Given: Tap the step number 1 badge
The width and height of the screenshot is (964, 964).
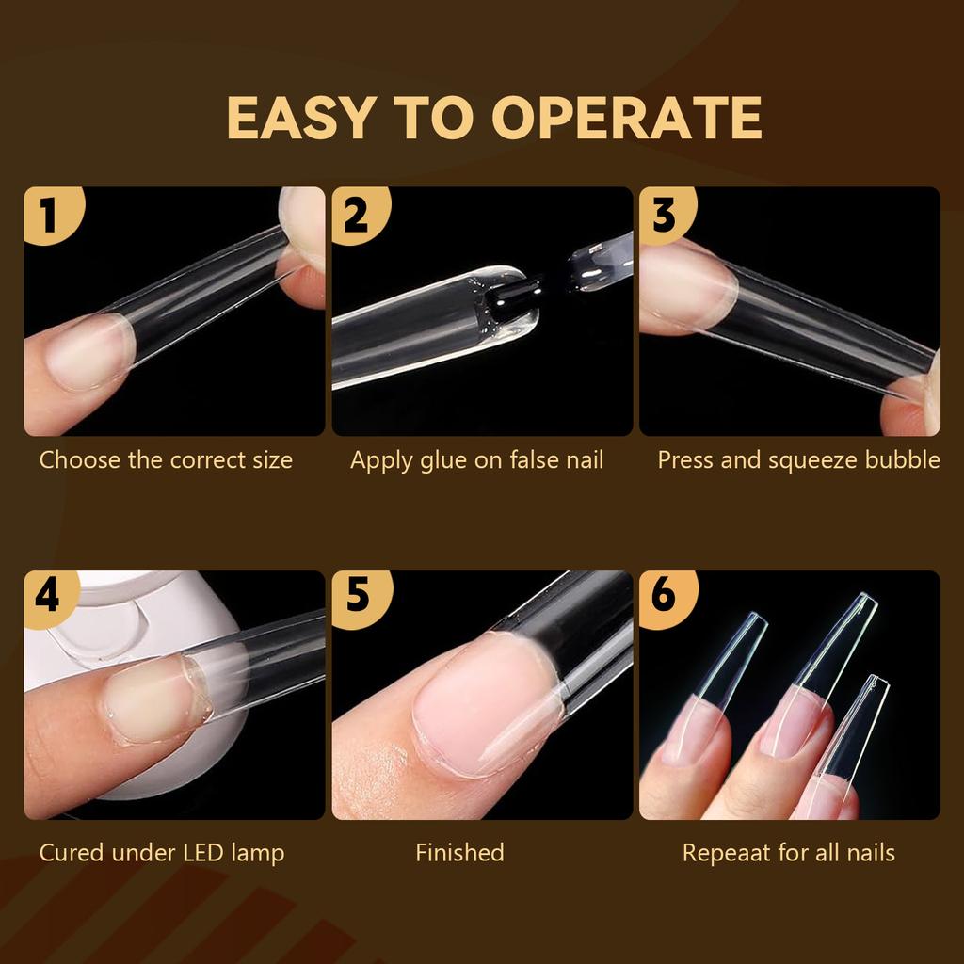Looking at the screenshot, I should (x=49, y=215).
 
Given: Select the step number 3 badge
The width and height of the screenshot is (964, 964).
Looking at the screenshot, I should (x=664, y=214).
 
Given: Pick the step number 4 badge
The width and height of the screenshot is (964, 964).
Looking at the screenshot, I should (x=47, y=597).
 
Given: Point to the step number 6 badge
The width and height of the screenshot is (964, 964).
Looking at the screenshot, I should (x=664, y=597).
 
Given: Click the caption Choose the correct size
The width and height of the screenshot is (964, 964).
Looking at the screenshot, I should (x=166, y=460).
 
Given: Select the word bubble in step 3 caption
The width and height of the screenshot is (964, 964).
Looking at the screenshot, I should (x=903, y=460).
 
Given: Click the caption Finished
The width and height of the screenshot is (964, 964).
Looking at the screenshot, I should (x=459, y=853).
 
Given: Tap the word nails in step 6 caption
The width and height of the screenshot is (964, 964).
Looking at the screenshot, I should (x=868, y=853).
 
